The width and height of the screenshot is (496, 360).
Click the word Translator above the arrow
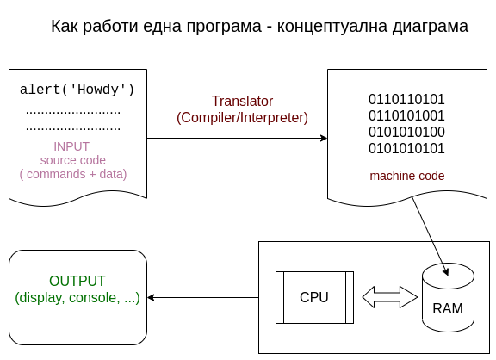click(x=242, y=102)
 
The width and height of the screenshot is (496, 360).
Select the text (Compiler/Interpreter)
click(x=242, y=118)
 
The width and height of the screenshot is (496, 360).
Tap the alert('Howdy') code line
click(x=77, y=90)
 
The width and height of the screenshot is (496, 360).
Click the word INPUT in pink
click(x=71, y=146)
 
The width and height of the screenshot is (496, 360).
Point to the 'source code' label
click(x=72, y=160)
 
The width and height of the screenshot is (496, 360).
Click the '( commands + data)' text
click(x=73, y=174)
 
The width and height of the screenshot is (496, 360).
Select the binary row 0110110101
click(x=406, y=99)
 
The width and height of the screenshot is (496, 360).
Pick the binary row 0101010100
click(x=406, y=132)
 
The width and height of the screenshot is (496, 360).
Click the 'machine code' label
click(x=407, y=176)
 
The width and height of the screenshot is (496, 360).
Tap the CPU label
click(x=314, y=297)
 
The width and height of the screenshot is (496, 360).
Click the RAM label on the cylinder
click(x=448, y=308)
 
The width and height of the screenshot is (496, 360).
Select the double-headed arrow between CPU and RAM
click(x=390, y=297)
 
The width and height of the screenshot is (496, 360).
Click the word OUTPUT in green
click(x=77, y=281)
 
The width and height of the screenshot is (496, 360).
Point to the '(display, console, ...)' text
click(x=77, y=298)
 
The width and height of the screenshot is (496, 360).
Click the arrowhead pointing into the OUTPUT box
click(x=151, y=297)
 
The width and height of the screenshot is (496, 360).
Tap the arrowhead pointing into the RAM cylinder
click(x=446, y=272)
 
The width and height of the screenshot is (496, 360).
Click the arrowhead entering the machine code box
click(x=324, y=139)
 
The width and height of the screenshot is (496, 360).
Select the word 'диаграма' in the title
click(x=431, y=26)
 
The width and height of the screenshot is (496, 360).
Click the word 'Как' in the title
click(x=65, y=26)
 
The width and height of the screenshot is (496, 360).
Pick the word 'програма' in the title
click(x=224, y=27)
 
